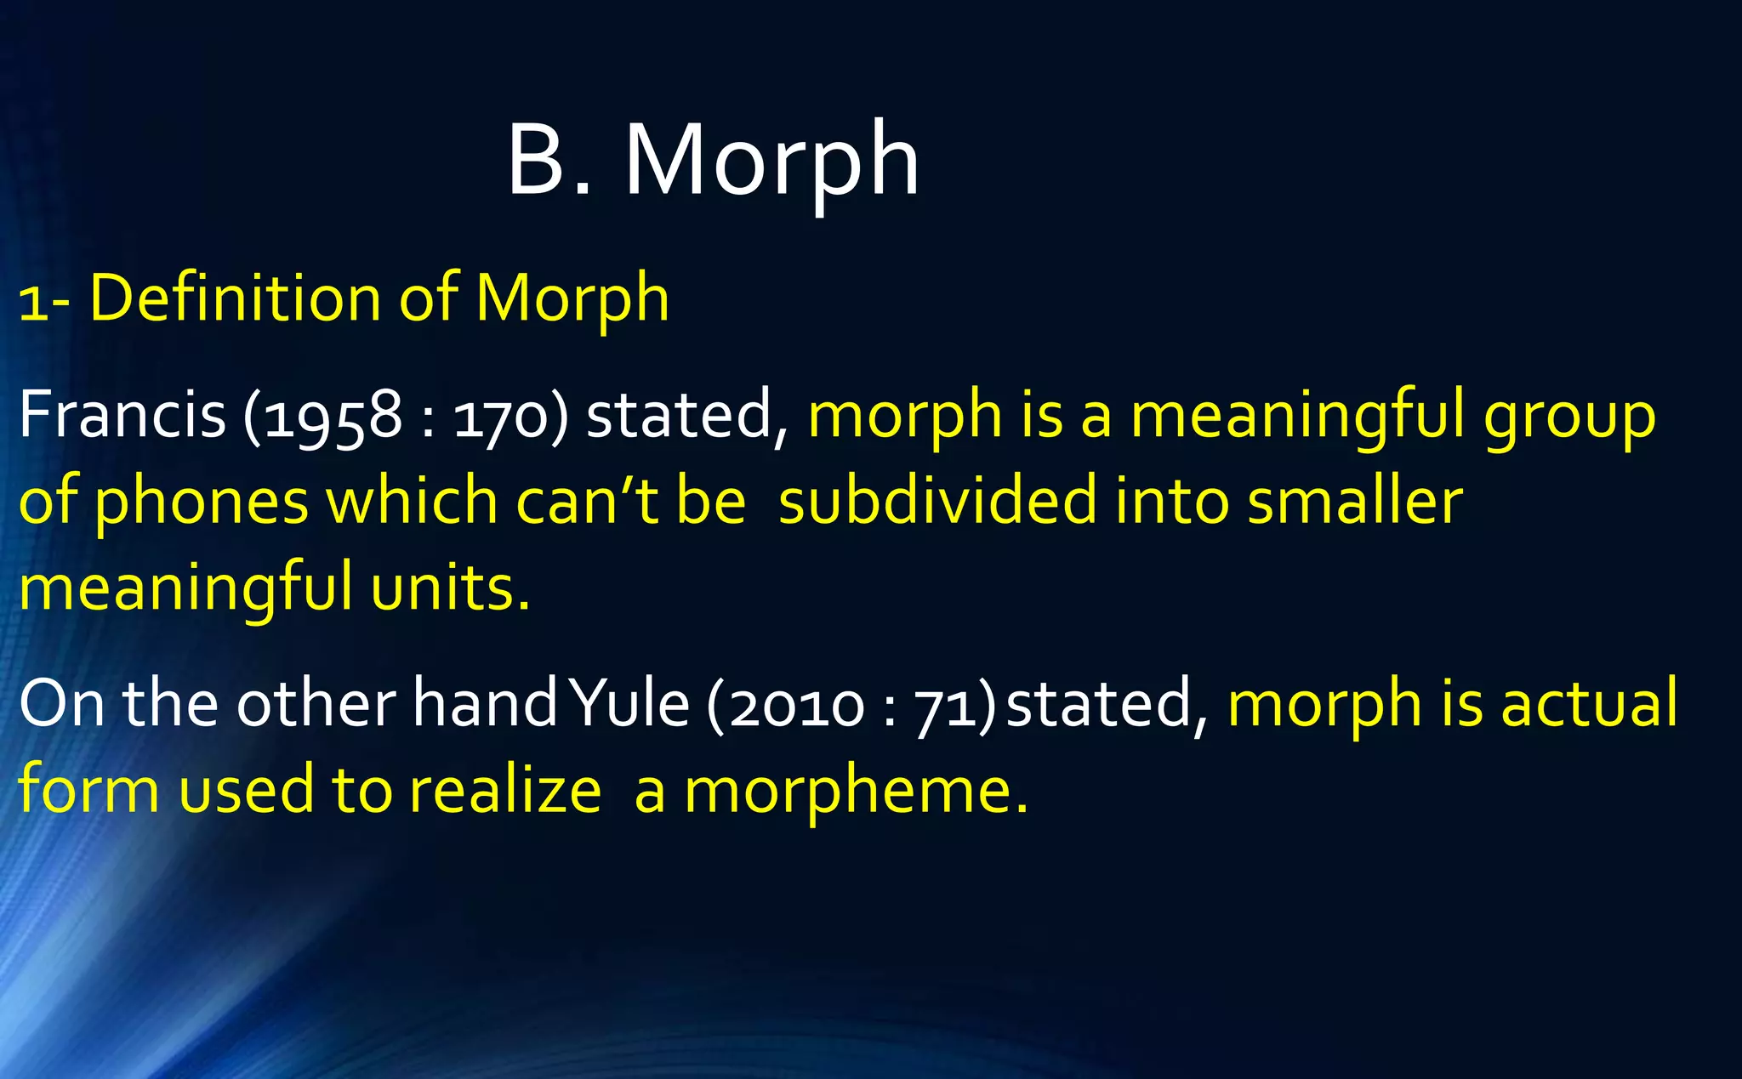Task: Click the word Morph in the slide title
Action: (x=772, y=162)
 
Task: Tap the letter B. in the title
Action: (x=549, y=162)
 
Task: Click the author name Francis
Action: (x=122, y=415)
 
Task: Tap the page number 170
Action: (x=502, y=417)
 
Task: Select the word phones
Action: (x=201, y=502)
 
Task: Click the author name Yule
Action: (x=629, y=704)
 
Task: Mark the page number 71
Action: (x=945, y=706)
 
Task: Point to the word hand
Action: (x=484, y=704)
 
